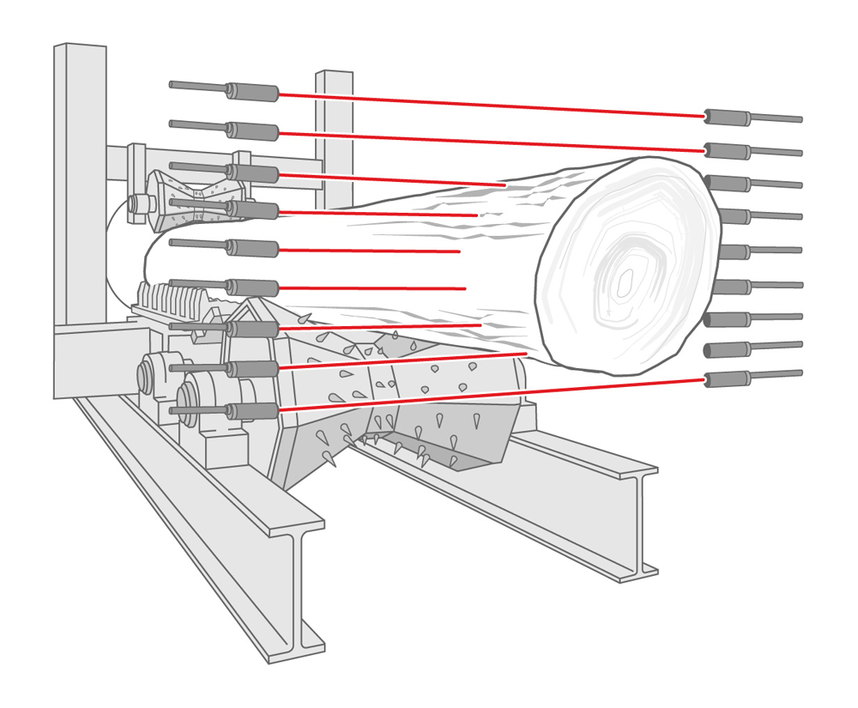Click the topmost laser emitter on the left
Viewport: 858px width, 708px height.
click(253, 92)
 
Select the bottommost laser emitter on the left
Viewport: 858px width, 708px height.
click(253, 411)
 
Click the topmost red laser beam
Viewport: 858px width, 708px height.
click(489, 105)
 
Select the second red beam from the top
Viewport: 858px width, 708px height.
click(489, 142)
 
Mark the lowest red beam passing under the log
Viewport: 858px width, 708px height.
click(489, 396)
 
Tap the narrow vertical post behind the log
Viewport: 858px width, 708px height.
click(335, 129)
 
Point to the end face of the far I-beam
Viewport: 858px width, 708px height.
click(638, 523)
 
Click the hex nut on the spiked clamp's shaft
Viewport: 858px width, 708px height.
click(137, 204)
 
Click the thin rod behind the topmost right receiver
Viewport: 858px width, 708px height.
click(776, 118)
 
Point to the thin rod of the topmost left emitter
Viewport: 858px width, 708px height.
click(198, 86)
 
